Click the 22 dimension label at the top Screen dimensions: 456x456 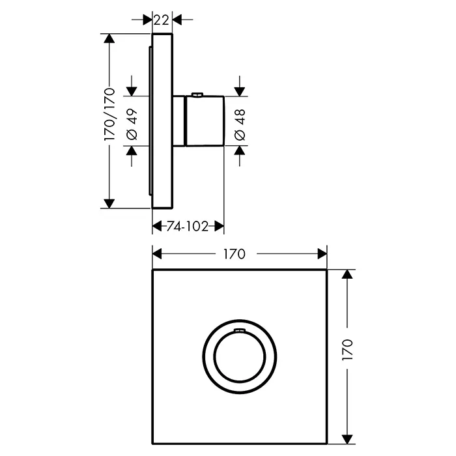(x=161, y=20)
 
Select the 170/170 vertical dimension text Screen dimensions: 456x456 (x=110, y=114)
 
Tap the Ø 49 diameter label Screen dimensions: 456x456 (x=132, y=124)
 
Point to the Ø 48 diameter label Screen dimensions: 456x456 (x=240, y=125)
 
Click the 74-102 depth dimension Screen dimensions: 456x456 (x=188, y=226)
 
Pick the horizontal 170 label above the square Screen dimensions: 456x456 (x=235, y=254)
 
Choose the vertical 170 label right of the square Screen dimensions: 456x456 (x=347, y=350)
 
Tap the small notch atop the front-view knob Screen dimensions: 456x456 (x=239, y=330)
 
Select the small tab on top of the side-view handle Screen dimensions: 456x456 (x=197, y=94)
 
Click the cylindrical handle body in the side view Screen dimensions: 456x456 (x=205, y=121)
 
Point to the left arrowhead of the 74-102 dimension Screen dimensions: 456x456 (x=157, y=226)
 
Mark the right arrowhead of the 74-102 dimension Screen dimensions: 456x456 (x=220, y=226)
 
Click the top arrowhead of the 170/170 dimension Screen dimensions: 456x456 (x=109, y=38)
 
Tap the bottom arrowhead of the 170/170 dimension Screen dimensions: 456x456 (x=109, y=203)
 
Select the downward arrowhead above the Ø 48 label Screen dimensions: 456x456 (x=239, y=92)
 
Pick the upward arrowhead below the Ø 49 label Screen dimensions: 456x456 (x=132, y=150)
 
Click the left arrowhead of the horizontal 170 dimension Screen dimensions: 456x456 (x=157, y=254)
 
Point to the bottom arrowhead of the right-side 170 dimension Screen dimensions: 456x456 (x=347, y=439)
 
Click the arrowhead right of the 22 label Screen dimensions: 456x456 (x=177, y=20)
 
